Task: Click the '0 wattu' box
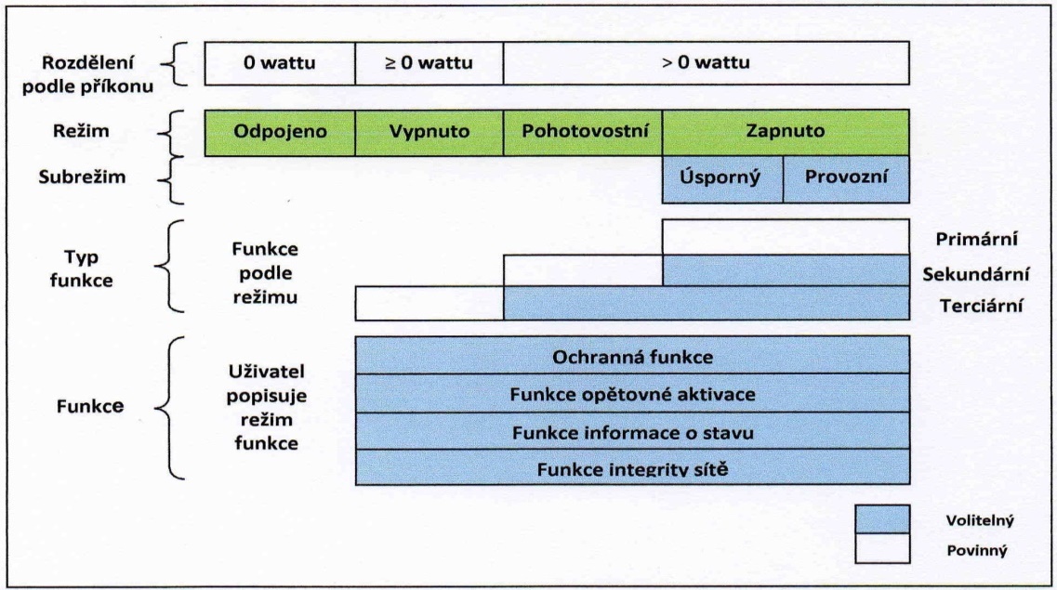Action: [280, 63]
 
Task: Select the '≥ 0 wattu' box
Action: [429, 63]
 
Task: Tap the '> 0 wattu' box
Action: [707, 63]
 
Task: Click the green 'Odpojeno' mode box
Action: [280, 133]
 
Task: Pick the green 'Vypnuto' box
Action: [429, 133]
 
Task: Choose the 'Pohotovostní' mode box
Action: [583, 133]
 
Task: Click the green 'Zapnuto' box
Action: [786, 133]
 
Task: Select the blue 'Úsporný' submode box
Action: [722, 179]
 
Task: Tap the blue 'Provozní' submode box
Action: [846, 179]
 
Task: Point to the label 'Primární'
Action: [977, 239]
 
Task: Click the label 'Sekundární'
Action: [976, 274]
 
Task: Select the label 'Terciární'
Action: [982, 306]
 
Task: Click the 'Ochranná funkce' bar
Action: [632, 355]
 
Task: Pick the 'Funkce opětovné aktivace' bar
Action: [632, 393]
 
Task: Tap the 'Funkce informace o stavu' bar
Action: [632, 431]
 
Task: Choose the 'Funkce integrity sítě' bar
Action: [632, 466]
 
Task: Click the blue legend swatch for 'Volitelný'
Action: [882, 519]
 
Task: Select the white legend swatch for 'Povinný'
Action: [882, 548]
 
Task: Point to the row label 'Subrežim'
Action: [82, 177]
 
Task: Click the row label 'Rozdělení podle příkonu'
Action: [87, 74]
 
